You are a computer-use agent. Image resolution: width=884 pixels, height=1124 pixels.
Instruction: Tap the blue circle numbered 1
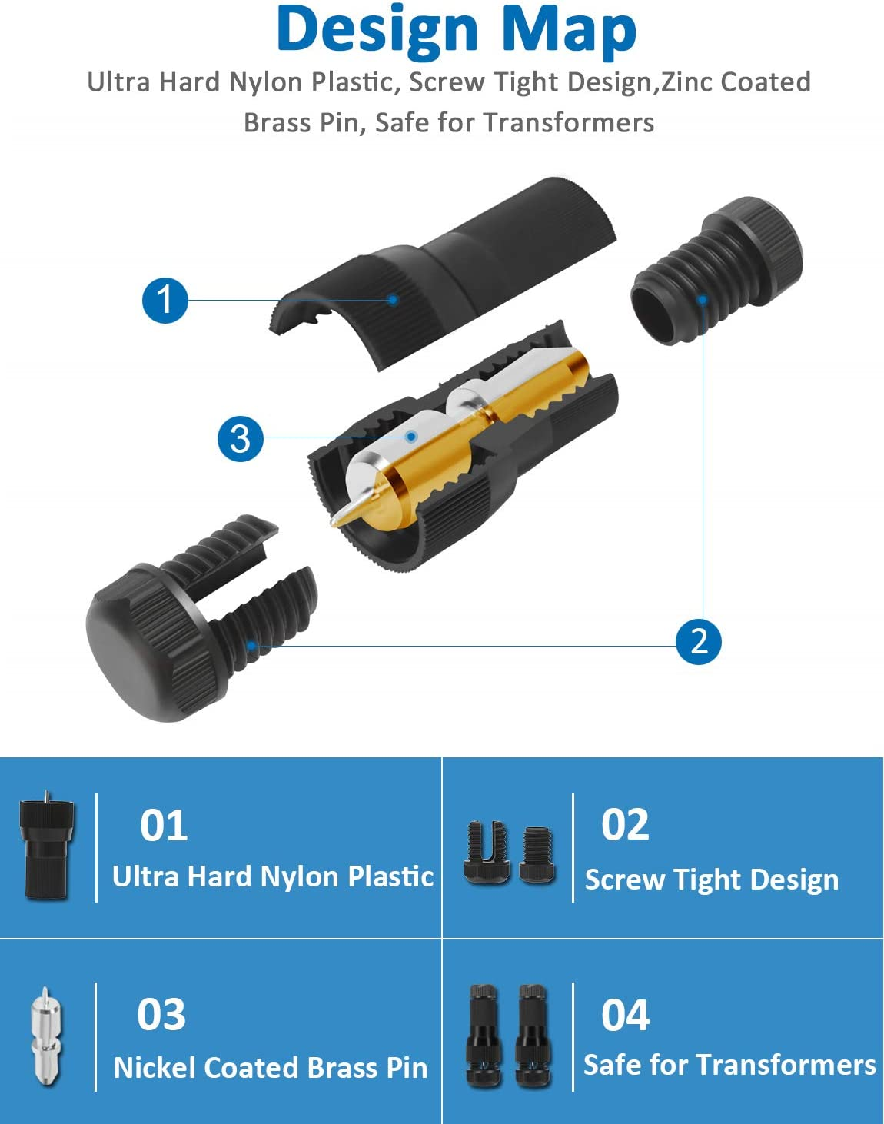tap(165, 300)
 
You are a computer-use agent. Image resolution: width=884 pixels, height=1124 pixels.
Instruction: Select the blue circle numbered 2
tap(698, 640)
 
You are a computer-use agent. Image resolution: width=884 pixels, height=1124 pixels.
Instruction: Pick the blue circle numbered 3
tap(240, 438)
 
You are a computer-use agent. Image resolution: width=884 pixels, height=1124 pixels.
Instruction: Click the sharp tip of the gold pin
tap(336, 524)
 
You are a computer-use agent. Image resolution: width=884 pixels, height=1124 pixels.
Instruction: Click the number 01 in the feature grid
tap(164, 826)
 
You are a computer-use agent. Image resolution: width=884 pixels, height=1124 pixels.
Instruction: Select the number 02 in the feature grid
tap(625, 825)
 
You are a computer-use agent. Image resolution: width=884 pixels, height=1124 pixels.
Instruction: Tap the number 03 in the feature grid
tap(161, 1015)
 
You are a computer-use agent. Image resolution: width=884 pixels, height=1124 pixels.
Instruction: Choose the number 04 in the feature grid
tap(625, 1015)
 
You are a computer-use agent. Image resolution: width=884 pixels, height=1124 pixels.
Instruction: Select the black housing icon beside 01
tap(46, 848)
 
